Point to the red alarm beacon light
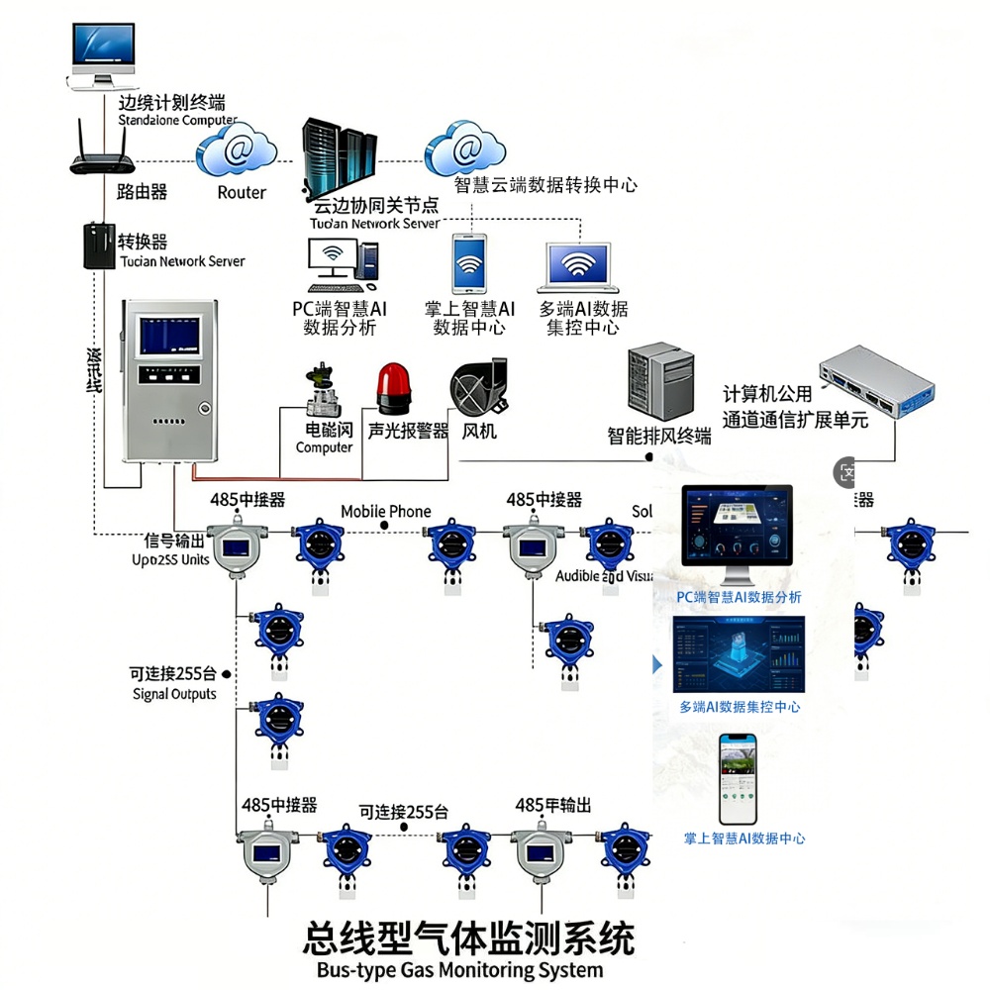[392, 388]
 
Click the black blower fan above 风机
[478, 388]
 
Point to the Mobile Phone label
[386, 512]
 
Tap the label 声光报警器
[408, 432]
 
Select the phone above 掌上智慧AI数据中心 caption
[737, 779]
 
